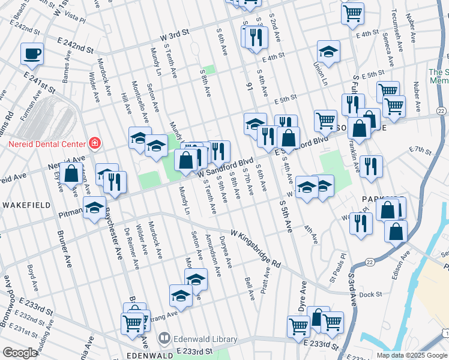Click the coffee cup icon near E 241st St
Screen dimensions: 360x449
tap(32, 53)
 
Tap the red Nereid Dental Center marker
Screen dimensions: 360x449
tap(94, 143)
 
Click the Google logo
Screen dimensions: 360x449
tap(20, 353)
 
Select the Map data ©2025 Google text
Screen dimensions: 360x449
tap(412, 355)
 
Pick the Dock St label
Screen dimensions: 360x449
tap(372, 294)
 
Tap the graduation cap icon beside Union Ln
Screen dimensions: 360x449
tap(328, 52)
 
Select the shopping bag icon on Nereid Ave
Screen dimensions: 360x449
tap(71, 175)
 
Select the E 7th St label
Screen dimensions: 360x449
tap(420, 149)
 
